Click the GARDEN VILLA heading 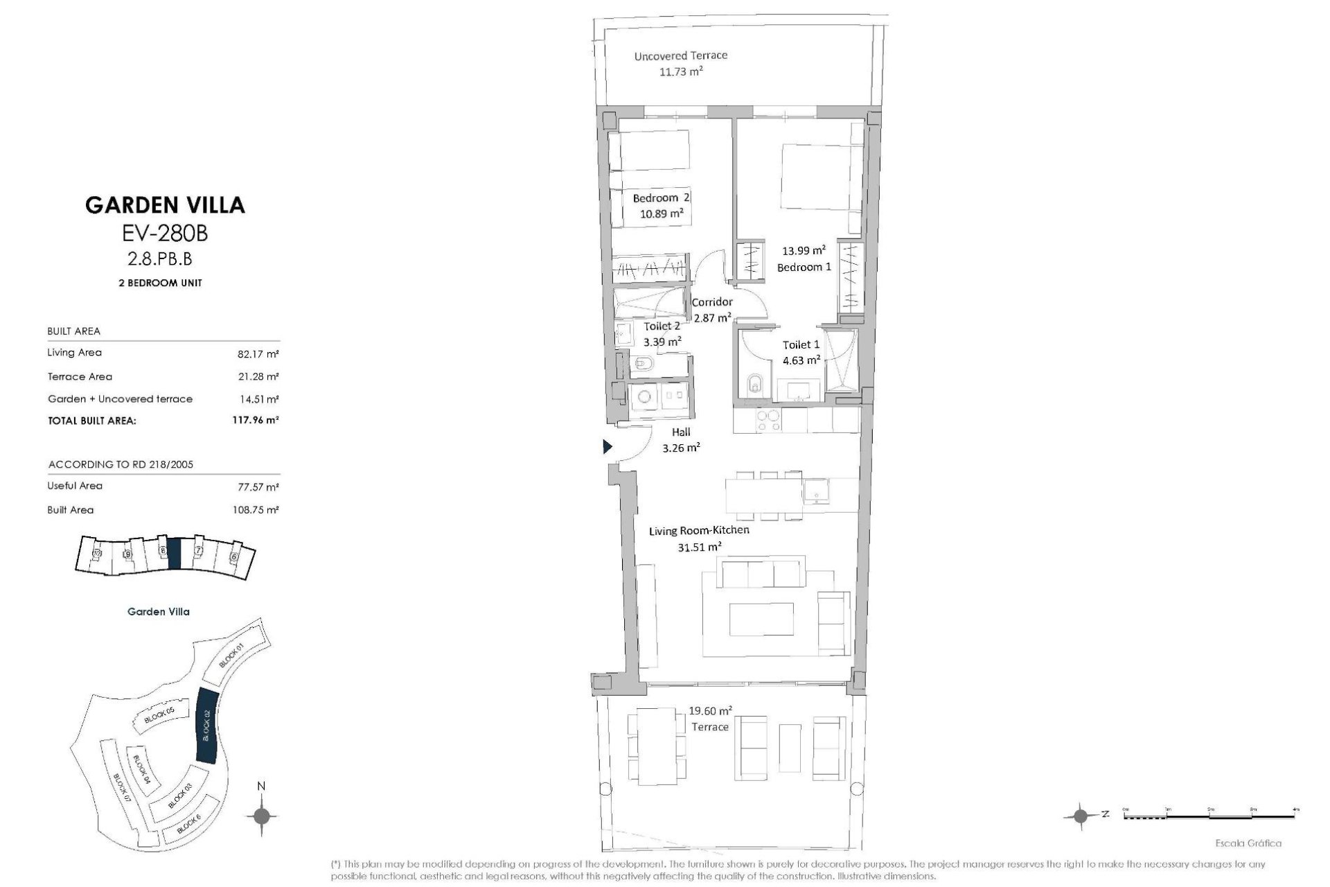tap(165, 205)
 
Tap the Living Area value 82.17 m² tap(258, 354)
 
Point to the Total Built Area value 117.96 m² tap(255, 420)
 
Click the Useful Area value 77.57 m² tap(258, 487)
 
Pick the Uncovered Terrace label tap(680, 55)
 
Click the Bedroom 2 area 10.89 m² tap(662, 213)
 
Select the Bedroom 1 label tap(804, 267)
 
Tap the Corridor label tap(712, 302)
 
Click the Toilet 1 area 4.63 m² tap(801, 360)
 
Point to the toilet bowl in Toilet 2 tap(642, 364)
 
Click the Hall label tap(680, 432)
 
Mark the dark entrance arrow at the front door tap(608, 447)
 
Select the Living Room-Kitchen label tap(698, 530)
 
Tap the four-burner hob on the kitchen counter tap(767, 420)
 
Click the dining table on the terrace tap(657, 746)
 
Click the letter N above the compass tap(261, 786)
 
